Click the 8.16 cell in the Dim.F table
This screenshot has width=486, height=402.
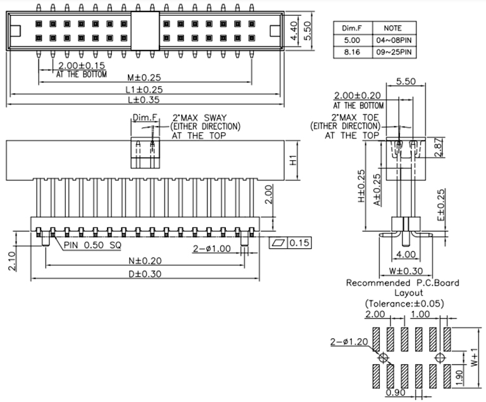click(x=351, y=52)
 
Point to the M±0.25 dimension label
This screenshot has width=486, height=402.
click(x=142, y=77)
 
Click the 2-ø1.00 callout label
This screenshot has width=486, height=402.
click(x=212, y=248)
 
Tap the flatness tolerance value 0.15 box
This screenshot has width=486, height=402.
click(x=297, y=243)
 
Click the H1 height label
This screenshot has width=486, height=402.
click(x=293, y=161)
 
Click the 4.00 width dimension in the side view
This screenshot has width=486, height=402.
click(x=405, y=254)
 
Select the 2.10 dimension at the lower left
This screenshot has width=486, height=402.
click(x=14, y=259)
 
